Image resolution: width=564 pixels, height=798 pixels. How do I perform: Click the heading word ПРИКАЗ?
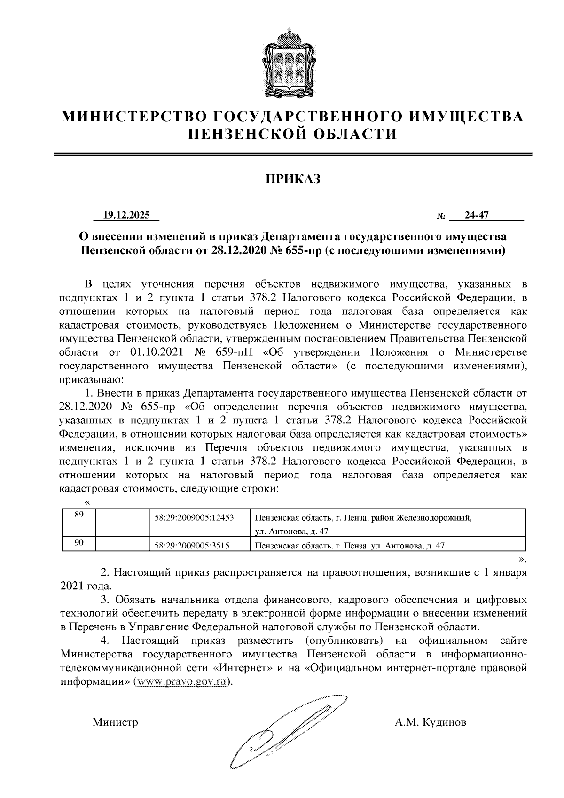coord(293,179)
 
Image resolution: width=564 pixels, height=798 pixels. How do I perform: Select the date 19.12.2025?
coord(126,215)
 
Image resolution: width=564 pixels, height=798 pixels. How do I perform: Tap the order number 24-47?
coord(477,215)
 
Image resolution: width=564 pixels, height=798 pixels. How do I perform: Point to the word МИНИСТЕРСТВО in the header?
coord(135,117)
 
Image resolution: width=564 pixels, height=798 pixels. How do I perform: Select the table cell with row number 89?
coord(79,515)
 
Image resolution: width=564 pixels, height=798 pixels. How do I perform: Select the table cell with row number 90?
coord(79,543)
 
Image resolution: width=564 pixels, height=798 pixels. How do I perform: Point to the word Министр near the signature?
coord(115,722)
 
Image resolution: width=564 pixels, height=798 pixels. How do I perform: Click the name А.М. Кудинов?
coord(431,722)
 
